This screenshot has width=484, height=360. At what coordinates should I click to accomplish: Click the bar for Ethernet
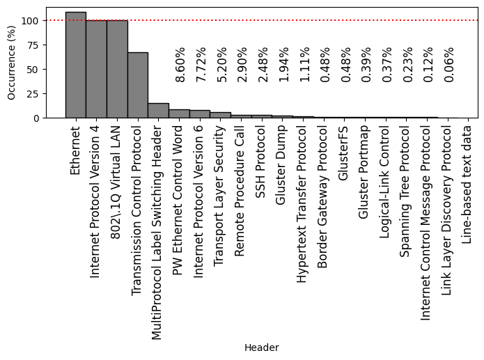[x=75, y=65]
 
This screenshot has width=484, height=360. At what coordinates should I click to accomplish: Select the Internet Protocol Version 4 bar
[x=96, y=69]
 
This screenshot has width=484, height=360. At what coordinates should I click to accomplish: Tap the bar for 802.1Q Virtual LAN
[x=117, y=69]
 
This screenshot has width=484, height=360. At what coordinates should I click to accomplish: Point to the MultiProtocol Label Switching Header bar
[x=158, y=111]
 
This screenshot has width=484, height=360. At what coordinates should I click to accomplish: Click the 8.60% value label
[x=180, y=65]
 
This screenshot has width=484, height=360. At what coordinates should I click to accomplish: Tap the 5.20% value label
[x=221, y=65]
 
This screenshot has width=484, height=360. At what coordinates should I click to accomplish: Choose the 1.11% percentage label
[x=304, y=65]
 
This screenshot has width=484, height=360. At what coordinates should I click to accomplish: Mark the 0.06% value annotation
[x=449, y=65]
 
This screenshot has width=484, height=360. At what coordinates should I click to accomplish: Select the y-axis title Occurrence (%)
[x=12, y=63]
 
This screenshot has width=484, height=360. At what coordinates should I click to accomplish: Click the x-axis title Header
[x=262, y=347]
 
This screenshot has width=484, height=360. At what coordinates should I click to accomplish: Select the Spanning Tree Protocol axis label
[x=405, y=182]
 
